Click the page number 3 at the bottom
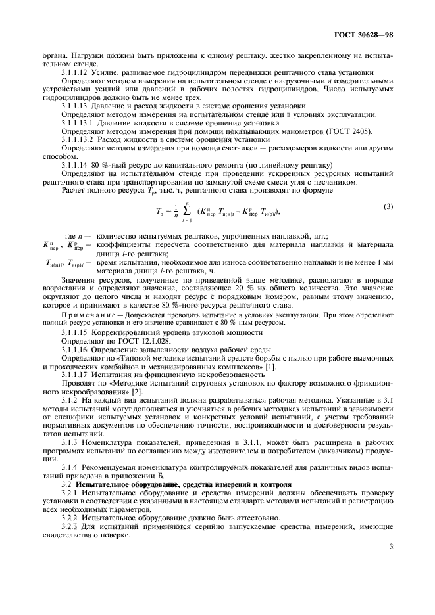click(390, 563)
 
